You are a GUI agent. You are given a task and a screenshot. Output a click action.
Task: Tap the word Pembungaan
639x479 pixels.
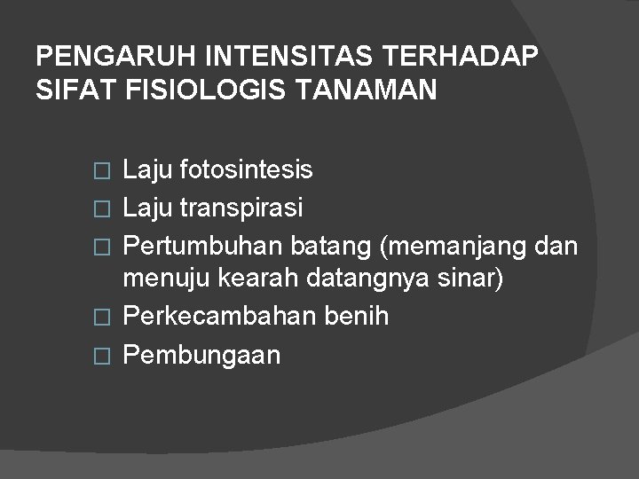[201, 356]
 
